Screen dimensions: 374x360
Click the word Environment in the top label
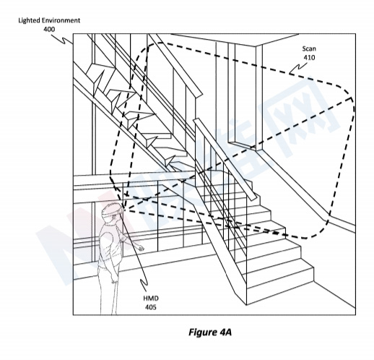61,20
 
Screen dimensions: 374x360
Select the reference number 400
49,29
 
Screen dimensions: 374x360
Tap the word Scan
309,48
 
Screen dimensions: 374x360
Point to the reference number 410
309,58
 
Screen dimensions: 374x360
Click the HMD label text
151,299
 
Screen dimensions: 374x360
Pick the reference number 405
151,307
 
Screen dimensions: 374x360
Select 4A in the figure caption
225,332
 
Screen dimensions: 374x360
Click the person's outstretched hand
139,247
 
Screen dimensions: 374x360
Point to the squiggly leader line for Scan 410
298,68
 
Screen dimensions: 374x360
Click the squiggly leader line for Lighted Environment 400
62,39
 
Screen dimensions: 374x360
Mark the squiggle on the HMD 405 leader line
144,285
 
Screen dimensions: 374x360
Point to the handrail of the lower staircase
226,160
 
